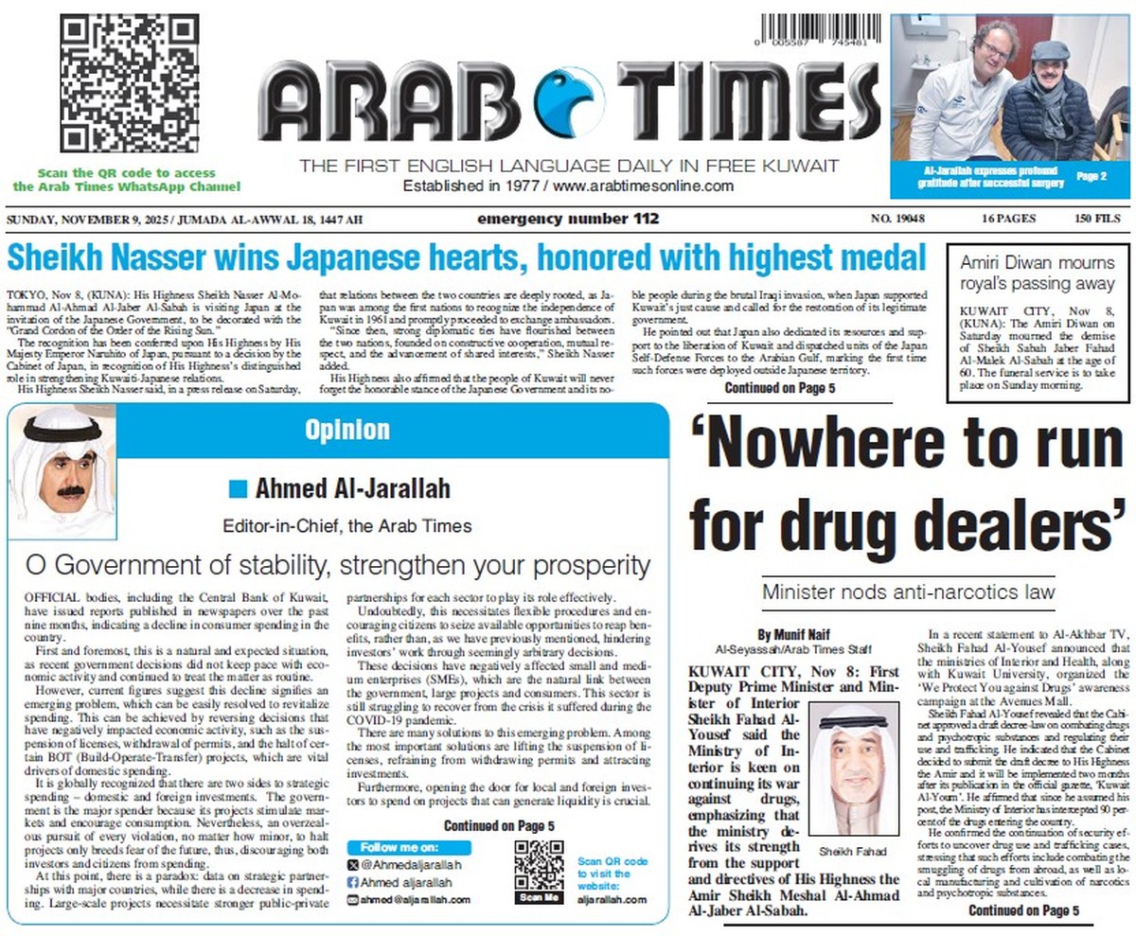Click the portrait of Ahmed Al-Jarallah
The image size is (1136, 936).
[x=62, y=471]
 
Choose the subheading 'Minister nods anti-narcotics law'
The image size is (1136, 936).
[x=908, y=592]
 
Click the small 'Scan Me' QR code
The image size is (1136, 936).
[x=539, y=865]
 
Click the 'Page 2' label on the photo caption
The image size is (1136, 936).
[x=1092, y=177]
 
